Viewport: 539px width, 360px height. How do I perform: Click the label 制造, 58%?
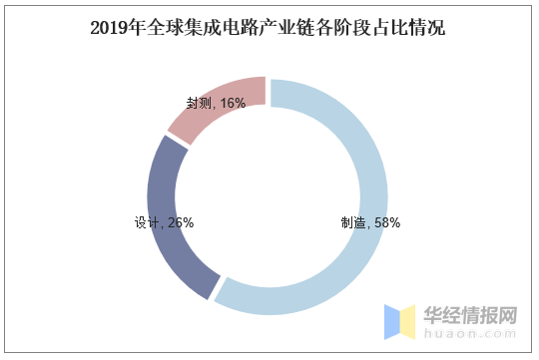click(x=370, y=223)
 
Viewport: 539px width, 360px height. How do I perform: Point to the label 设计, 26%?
click(x=164, y=223)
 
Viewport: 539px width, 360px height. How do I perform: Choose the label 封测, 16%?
click(x=216, y=103)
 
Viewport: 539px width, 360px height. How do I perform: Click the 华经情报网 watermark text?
click(x=471, y=316)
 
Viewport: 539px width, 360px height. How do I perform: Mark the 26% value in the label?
click(x=181, y=223)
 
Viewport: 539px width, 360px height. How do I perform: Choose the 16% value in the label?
click(x=233, y=103)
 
